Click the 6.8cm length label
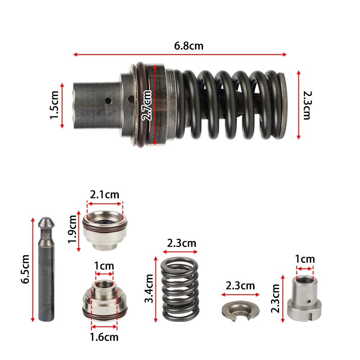[189, 46]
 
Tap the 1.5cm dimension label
[54, 105]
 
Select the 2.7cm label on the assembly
[147, 105]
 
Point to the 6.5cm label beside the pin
[26, 270]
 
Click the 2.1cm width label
[104, 195]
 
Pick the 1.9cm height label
[73, 229]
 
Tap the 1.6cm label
[104, 337]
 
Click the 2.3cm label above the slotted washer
[240, 286]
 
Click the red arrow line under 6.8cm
[180, 55]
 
